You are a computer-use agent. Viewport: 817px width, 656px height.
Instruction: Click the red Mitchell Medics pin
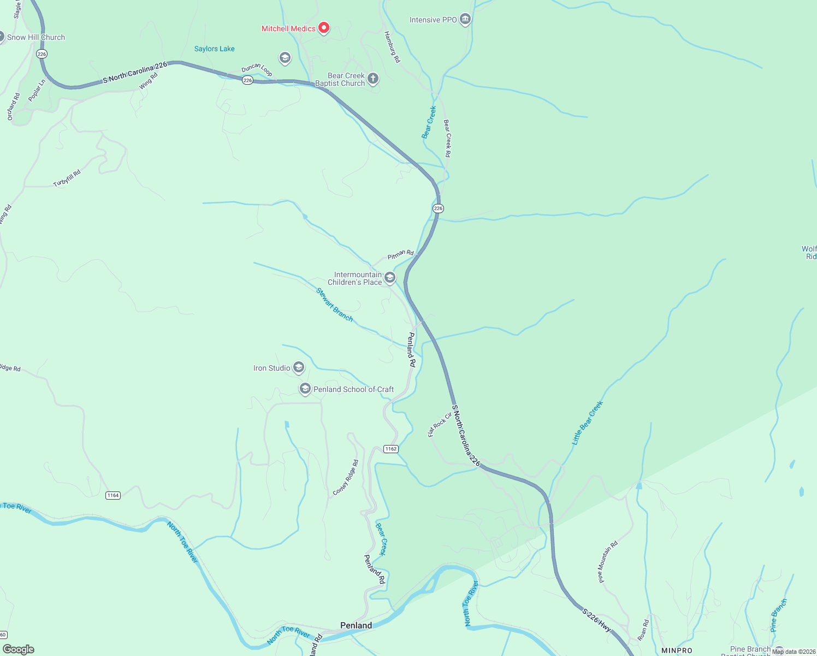click(323, 27)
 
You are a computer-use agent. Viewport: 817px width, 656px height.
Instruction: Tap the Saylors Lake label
click(214, 49)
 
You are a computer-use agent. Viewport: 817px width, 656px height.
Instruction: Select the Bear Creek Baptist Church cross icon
click(373, 79)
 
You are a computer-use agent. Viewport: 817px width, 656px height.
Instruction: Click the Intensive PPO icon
click(465, 20)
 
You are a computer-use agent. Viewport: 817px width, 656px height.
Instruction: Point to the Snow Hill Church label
click(35, 37)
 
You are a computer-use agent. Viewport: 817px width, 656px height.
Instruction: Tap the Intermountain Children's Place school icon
click(390, 278)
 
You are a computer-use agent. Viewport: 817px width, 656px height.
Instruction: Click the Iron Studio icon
click(299, 367)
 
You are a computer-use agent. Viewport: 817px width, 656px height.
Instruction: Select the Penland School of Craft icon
click(305, 389)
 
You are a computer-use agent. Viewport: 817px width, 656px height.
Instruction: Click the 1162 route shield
click(390, 449)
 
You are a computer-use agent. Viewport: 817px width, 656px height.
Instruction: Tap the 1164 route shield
click(113, 495)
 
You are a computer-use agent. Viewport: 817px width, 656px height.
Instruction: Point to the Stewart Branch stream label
click(335, 304)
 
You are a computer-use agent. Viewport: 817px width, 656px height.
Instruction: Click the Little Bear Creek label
click(587, 423)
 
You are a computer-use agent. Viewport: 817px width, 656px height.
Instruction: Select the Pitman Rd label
click(400, 255)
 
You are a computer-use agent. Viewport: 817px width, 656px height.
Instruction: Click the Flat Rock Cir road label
click(440, 424)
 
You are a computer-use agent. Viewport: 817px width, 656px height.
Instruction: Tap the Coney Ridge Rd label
click(346, 478)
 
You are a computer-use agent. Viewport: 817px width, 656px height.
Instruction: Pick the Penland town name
click(356, 625)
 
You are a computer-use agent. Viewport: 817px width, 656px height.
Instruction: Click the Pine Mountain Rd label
click(608, 561)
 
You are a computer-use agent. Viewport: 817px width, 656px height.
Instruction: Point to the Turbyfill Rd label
click(67, 178)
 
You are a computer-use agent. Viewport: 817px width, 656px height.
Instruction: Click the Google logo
click(19, 649)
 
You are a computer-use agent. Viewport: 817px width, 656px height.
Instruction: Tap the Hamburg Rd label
click(392, 46)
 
